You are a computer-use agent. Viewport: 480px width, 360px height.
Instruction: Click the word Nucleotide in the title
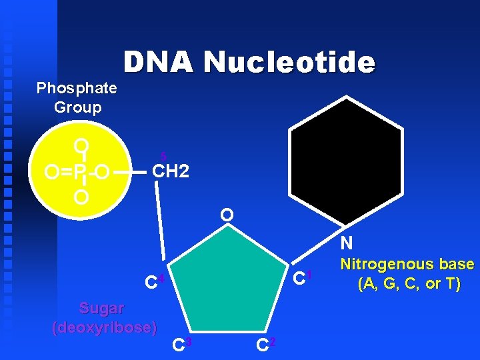pyautogui.click(x=289, y=63)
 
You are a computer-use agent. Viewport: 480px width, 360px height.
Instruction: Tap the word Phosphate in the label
pyautogui.click(x=77, y=88)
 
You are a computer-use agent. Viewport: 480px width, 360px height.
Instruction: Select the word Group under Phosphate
pyautogui.click(x=77, y=107)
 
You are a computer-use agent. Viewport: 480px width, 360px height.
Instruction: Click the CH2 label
pyautogui.click(x=171, y=172)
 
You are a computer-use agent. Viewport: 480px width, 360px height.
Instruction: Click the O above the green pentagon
pyautogui.click(x=227, y=215)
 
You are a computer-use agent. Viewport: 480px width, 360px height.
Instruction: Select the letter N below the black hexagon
pyautogui.click(x=346, y=243)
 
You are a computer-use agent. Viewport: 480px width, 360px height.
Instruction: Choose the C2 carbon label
pyautogui.click(x=263, y=345)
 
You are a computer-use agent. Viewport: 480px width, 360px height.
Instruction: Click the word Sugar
pyautogui.click(x=101, y=309)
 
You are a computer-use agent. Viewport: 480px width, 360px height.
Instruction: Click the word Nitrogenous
pyautogui.click(x=407, y=265)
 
